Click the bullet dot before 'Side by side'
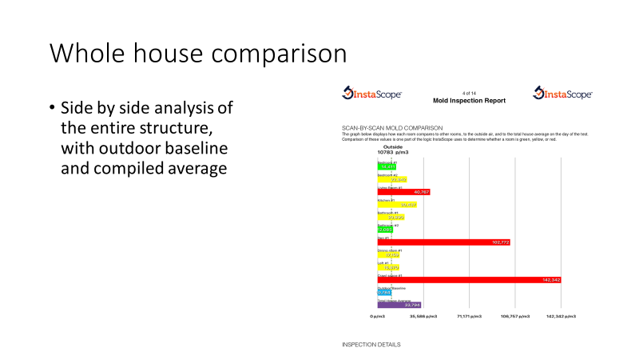[x=53, y=108]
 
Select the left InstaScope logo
[x=372, y=94]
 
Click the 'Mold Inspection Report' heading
[x=469, y=101]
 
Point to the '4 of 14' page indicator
[x=469, y=92]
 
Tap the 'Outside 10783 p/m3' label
[x=393, y=150]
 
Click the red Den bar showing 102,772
[x=443, y=242]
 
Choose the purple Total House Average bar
[x=399, y=305]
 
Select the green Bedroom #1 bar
[x=384, y=166]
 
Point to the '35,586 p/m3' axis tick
[x=423, y=317]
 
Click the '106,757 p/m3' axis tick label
[x=515, y=317]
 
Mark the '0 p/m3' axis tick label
[x=377, y=317]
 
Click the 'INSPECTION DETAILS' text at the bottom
[x=371, y=345]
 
